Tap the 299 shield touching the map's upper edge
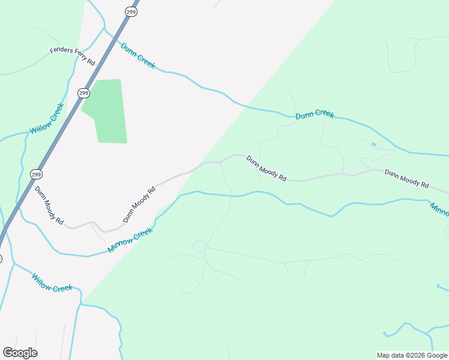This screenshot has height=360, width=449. coord(132,11)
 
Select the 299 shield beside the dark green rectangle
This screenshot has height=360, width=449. coord(83,93)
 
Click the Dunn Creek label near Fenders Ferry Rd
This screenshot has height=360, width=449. coord(137,55)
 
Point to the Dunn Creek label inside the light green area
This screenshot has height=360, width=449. coord(315,114)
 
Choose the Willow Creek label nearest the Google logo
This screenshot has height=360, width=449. coord(52,283)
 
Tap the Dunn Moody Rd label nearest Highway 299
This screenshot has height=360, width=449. coord(49,205)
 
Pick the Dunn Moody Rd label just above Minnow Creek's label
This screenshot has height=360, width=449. coord(139,204)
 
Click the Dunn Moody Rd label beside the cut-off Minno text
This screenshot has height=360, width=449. coord(406,179)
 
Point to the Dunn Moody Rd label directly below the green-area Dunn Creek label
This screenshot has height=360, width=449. coord(267,169)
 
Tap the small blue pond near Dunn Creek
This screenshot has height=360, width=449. coord(374,145)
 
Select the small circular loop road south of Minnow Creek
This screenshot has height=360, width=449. coord(199,246)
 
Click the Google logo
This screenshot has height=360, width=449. coord(20,353)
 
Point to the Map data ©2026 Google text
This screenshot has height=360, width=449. coord(411,355)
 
